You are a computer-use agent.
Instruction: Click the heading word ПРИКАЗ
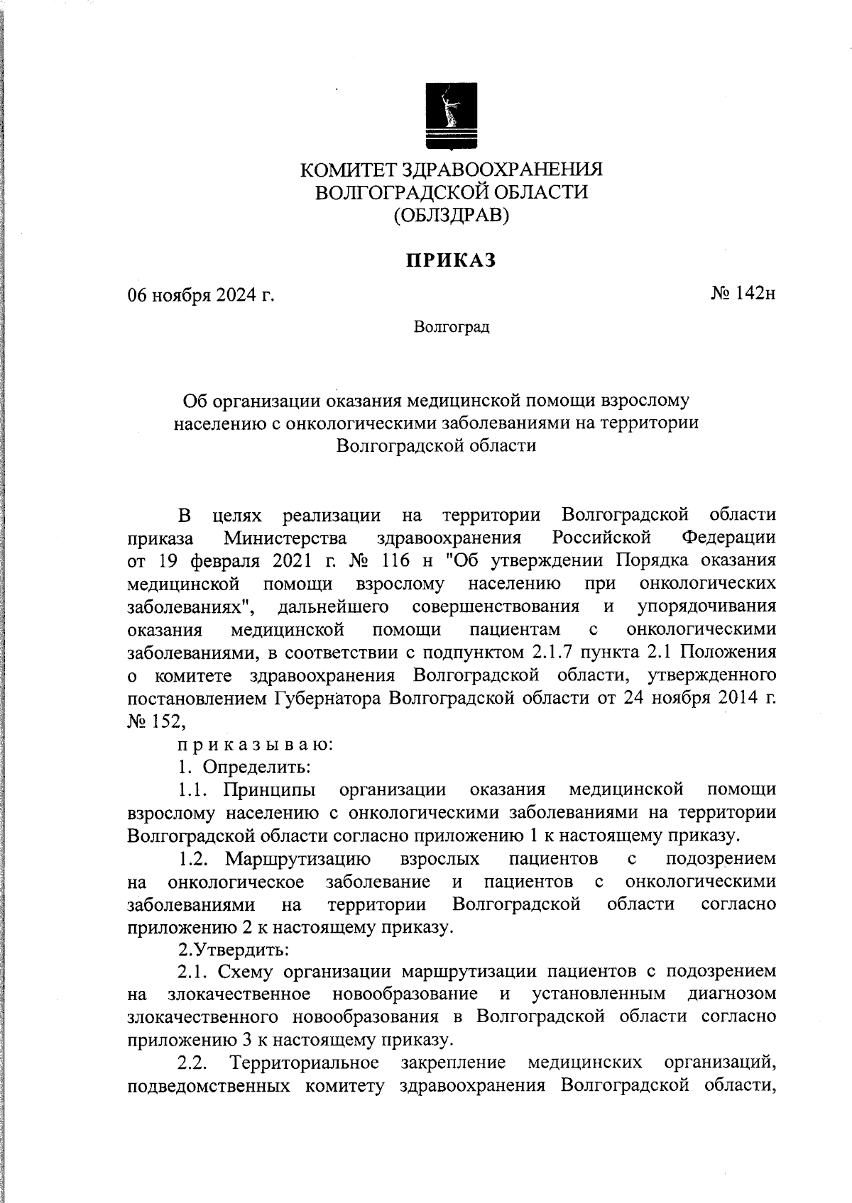[x=451, y=261]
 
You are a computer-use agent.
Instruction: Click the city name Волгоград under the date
[x=452, y=328]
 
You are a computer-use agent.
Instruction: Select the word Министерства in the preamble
[x=285, y=537]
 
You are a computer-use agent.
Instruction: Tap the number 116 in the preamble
[x=394, y=560]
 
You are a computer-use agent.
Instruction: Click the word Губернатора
[x=328, y=698]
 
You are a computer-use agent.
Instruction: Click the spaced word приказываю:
[x=255, y=745]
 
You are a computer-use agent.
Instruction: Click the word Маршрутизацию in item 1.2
[x=298, y=859]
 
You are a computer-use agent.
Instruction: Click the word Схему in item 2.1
[x=246, y=971]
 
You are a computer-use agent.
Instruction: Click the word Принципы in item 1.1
[x=269, y=789]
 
